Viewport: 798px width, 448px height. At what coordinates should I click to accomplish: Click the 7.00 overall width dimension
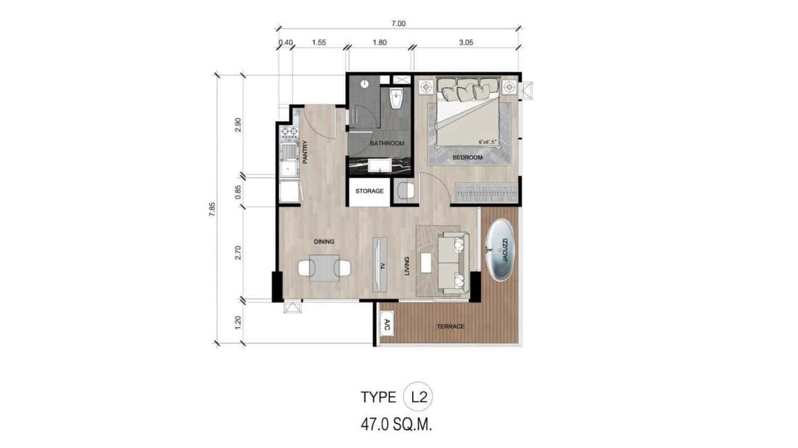(x=398, y=24)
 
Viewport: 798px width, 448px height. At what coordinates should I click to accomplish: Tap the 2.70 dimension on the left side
(x=238, y=253)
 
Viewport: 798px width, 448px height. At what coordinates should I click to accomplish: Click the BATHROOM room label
(x=387, y=143)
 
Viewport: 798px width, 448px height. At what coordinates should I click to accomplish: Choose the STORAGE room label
(x=369, y=191)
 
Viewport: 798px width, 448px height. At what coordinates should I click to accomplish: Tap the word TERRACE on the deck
(x=450, y=326)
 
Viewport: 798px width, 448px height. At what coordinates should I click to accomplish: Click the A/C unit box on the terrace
(x=387, y=325)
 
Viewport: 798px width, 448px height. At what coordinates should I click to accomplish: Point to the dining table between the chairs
(x=324, y=268)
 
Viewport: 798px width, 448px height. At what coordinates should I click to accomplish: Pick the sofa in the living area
(x=454, y=262)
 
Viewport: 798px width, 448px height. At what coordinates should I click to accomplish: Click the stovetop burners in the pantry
(x=290, y=131)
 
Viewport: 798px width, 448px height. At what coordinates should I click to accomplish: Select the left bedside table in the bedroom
(x=426, y=87)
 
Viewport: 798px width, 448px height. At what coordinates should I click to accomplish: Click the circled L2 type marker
(x=418, y=397)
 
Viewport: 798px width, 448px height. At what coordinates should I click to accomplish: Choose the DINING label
(x=324, y=242)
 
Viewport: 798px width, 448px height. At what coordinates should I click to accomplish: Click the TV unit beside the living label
(x=379, y=264)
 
